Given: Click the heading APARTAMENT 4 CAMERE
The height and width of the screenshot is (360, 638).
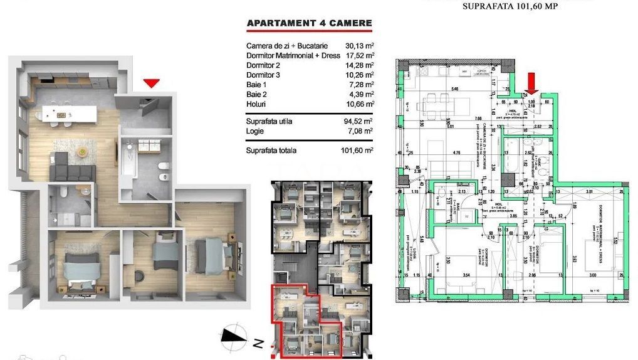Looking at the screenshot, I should tap(309, 24).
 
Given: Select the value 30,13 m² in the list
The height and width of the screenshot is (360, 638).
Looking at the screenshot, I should tap(360, 46).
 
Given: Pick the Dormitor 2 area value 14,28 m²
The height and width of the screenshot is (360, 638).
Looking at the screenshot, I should tap(360, 65).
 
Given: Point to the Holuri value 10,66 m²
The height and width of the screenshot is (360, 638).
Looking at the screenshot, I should tap(360, 103).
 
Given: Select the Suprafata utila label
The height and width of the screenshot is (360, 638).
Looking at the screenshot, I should tap(269, 121).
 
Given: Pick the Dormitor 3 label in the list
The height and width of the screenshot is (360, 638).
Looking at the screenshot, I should tap(263, 75).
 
